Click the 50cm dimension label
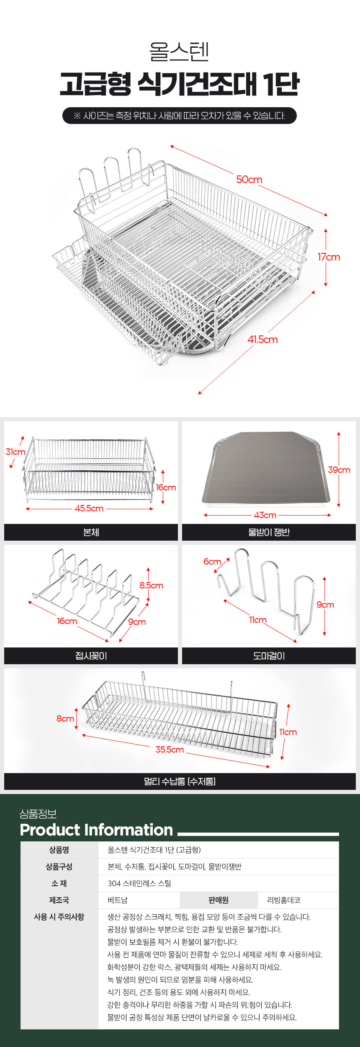(249, 180)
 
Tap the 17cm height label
(329, 257)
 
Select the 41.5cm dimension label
(262, 340)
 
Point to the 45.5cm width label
(89, 508)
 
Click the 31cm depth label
(15, 452)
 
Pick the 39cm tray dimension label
(339, 470)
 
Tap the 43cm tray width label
(265, 515)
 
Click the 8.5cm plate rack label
(151, 585)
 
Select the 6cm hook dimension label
(212, 562)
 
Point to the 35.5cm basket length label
(170, 750)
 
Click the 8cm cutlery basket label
(65, 719)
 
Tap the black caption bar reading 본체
(91, 532)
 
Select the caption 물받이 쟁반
(269, 532)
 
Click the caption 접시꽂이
(91, 656)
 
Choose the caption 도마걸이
(269, 656)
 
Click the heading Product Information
(96, 830)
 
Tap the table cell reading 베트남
(118, 900)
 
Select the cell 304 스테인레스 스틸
(139, 883)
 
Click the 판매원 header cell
(219, 900)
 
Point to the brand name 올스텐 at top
(179, 52)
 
